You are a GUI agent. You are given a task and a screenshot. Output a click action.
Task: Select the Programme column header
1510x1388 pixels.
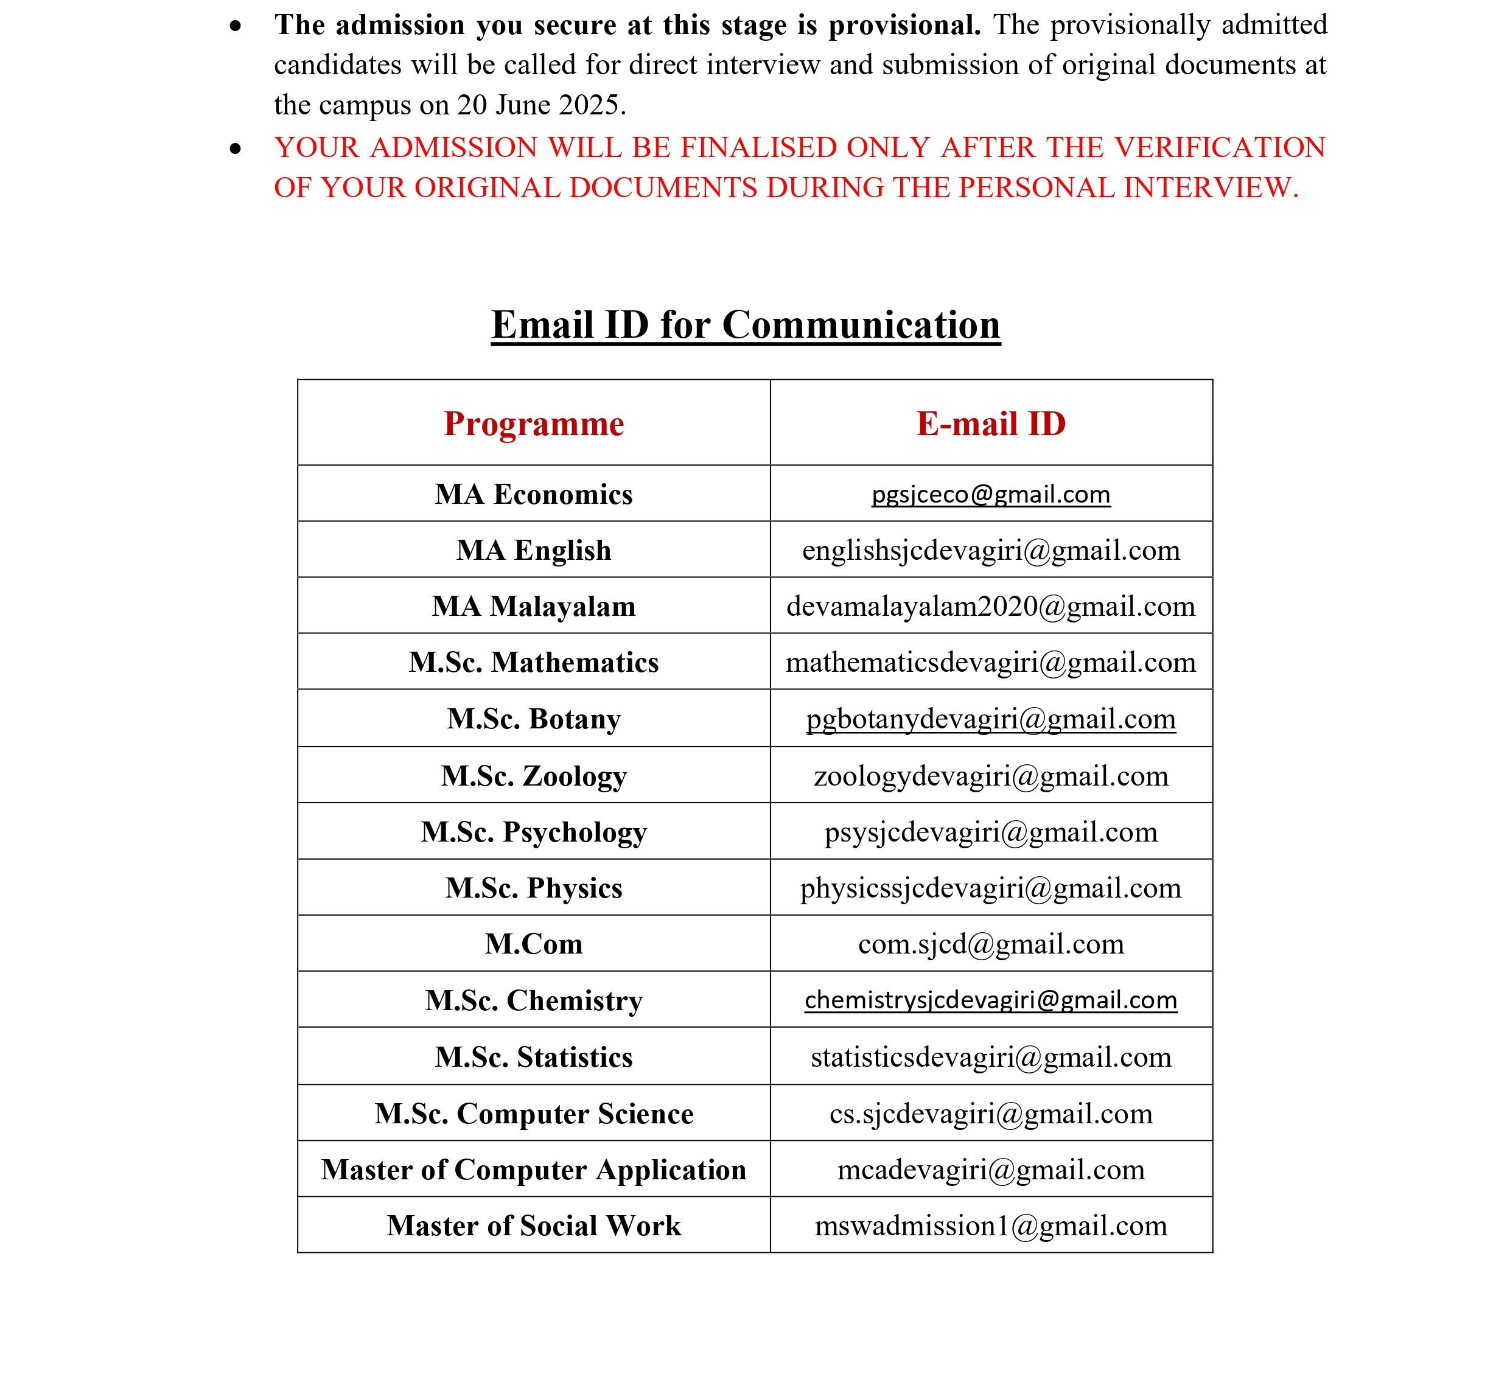point(533,424)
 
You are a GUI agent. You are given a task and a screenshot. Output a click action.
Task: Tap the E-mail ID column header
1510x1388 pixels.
point(990,424)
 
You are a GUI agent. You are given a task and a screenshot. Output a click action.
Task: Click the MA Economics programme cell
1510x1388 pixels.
point(533,494)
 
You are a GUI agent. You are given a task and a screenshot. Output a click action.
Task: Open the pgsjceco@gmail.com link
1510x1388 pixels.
point(990,494)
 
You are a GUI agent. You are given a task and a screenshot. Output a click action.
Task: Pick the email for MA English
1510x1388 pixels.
point(990,551)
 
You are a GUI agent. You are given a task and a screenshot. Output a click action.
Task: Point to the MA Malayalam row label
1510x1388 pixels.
point(533,606)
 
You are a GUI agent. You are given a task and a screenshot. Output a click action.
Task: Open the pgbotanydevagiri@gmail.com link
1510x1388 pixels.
point(990,719)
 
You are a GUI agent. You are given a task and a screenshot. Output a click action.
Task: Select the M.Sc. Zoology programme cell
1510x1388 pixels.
point(533,776)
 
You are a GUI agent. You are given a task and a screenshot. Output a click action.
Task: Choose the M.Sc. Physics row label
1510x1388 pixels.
point(533,888)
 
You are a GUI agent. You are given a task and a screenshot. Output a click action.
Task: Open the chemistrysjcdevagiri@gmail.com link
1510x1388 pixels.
point(990,1000)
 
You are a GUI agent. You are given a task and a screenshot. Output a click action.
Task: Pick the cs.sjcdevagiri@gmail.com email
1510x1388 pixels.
point(990,1113)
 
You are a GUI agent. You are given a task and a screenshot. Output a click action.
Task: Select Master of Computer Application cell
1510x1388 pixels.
point(533,1170)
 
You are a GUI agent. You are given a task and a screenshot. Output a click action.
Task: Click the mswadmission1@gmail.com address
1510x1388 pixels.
point(990,1226)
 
